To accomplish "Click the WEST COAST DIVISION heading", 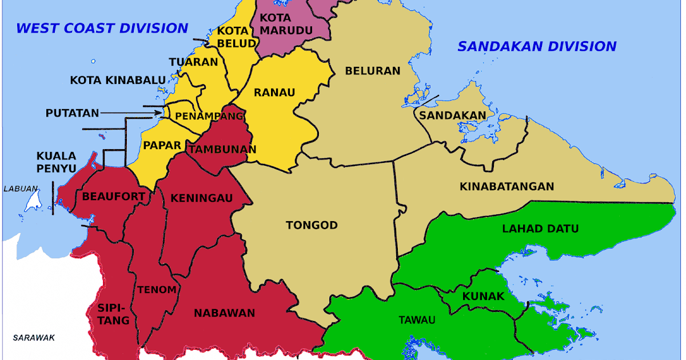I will [102, 27].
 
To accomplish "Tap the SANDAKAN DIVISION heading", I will [537, 46].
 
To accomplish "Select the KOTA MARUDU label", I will [279, 24].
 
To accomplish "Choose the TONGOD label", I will [312, 225].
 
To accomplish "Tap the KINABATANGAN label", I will [506, 186].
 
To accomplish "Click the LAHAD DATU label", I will [540, 229].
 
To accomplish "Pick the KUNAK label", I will [483, 297].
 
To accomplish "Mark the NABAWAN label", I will [224, 313].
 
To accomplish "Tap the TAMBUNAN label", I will [222, 150].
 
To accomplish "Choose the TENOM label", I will [156, 290].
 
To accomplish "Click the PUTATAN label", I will [72, 113].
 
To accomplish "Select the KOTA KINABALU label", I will [118, 80].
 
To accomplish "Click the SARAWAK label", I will [34, 338].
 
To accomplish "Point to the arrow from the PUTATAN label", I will [130, 113].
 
